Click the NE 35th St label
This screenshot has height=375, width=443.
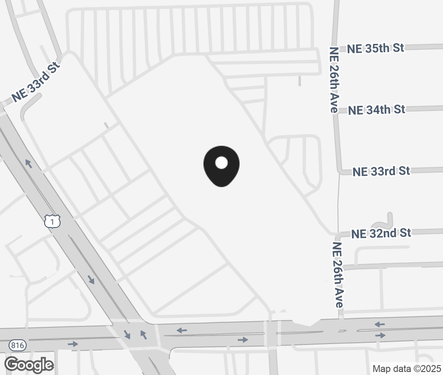pyautogui.click(x=376, y=48)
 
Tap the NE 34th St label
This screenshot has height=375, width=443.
pyautogui.click(x=376, y=110)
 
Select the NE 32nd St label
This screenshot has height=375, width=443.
pyautogui.click(x=381, y=234)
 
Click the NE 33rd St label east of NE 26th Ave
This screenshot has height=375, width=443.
pyautogui.click(x=381, y=172)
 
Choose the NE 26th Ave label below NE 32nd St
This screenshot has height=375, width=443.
pyautogui.click(x=338, y=274)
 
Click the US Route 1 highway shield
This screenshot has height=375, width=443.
pyautogui.click(x=52, y=221)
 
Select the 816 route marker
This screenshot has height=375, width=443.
pyautogui.click(x=17, y=345)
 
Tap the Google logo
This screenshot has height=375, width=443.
pyautogui.click(x=29, y=365)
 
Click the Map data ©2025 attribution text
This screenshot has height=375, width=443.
pyautogui.click(x=407, y=369)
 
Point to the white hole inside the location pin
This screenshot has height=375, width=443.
pyautogui.click(x=221, y=163)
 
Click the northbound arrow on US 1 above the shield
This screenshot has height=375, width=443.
pyautogui.click(x=29, y=163)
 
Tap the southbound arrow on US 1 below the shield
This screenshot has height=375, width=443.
pyautogui.click(x=91, y=280)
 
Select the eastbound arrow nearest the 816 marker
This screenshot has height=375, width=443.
pyautogui.click(x=73, y=344)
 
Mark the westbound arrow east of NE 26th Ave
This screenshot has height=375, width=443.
pyautogui.click(x=379, y=324)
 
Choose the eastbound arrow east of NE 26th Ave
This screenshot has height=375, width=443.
pyautogui.click(x=380, y=335)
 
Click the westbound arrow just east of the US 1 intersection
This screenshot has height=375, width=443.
pyautogui.click(x=182, y=330)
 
